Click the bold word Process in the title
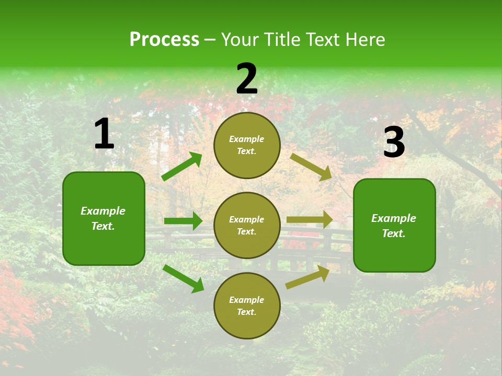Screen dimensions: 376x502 164,40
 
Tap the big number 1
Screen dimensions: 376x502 104,134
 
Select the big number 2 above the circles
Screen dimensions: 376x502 247,79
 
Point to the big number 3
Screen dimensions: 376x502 394,142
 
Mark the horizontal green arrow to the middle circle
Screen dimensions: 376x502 183,221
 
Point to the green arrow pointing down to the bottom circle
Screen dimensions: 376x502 183,278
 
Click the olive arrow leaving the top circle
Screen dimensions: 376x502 311,167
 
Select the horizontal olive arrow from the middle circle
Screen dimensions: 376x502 310,220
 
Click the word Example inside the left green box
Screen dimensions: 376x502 103,211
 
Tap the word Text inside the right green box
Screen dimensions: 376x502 393,233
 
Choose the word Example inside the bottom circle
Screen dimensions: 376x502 246,300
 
